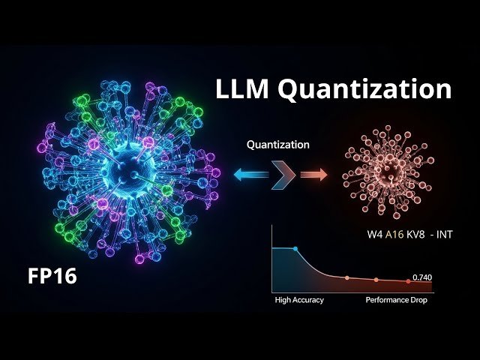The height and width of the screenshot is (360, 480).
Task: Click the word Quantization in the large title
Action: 365,89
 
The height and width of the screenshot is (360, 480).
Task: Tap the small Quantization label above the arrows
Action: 277,145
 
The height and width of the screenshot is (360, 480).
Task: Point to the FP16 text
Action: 52,276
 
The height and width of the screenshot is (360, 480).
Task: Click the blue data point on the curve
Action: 295,247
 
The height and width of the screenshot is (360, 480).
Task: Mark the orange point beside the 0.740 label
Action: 408,281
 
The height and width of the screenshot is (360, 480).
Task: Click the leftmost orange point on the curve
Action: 346,277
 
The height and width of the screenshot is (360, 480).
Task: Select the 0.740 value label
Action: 422,277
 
